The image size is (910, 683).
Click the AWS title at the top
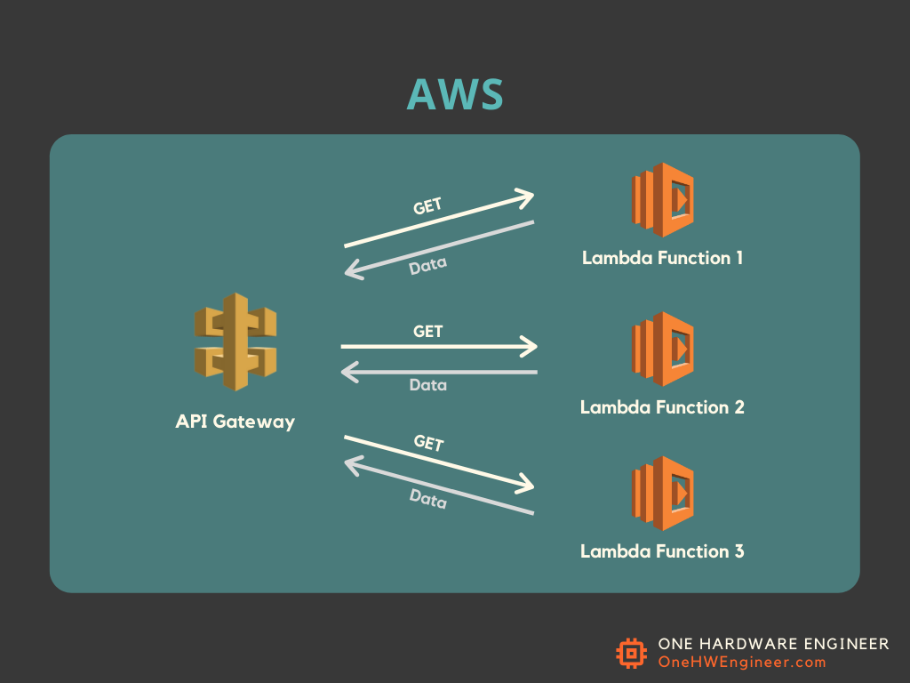455,94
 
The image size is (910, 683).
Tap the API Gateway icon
235,342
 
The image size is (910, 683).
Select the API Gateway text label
235,422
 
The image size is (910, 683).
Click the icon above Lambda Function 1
662,200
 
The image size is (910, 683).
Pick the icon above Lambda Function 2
662,349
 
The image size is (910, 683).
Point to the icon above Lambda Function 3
662,494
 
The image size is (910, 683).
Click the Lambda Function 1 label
662,258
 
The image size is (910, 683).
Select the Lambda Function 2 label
662,407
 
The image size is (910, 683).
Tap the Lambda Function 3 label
662,551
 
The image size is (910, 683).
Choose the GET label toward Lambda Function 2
427,332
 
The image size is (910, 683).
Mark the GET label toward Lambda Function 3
428,443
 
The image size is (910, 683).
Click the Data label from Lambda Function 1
427,265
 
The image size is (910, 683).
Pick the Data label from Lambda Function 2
427,385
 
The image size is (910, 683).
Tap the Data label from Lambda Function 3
427,500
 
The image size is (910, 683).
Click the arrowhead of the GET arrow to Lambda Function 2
531,346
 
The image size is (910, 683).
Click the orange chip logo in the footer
631,654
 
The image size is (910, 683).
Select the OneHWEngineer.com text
742,663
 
